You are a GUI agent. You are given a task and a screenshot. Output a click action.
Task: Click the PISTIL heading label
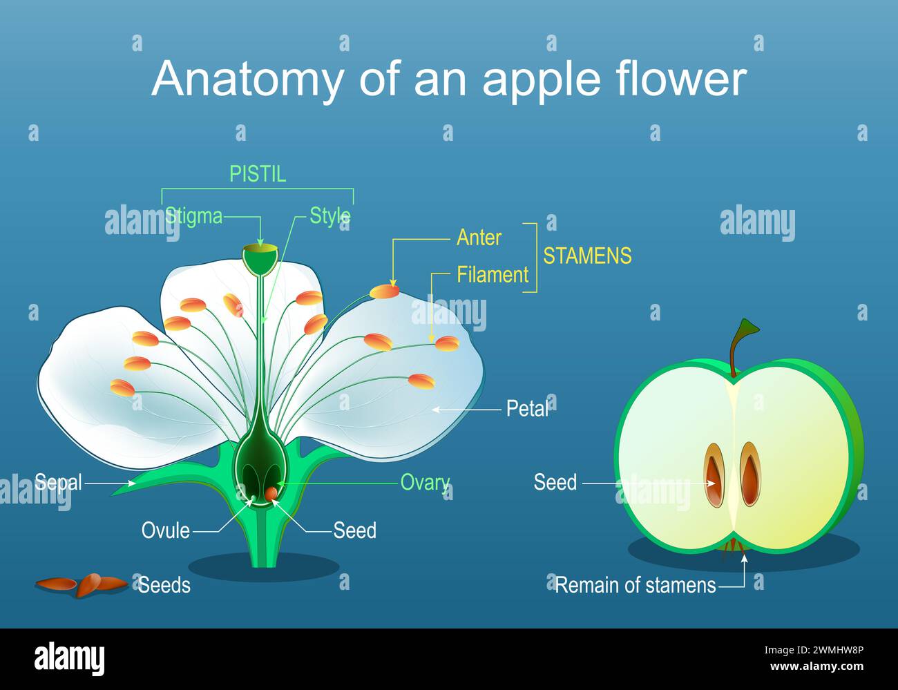point(258,174)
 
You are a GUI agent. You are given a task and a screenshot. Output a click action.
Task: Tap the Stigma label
point(193,216)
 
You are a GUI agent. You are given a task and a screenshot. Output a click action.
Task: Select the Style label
point(330,215)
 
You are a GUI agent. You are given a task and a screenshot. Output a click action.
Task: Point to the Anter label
point(479,238)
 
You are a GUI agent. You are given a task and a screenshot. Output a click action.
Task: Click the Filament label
point(493,274)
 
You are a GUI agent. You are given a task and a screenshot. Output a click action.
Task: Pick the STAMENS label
point(587,256)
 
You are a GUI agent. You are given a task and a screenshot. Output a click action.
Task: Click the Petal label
point(527,409)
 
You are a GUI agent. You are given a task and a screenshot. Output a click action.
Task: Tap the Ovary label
point(425,483)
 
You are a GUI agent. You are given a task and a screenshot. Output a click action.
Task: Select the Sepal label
point(58,482)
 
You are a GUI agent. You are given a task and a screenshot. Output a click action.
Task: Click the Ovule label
point(166,530)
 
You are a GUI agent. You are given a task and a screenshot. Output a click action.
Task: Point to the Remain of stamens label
point(636,586)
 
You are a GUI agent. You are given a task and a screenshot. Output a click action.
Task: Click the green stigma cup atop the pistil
point(260,259)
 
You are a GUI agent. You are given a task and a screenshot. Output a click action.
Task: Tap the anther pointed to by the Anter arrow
point(384,291)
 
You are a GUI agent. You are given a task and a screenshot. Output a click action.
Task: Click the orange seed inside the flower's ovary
point(271,494)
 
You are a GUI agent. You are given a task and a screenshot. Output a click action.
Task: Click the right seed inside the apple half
point(750,475)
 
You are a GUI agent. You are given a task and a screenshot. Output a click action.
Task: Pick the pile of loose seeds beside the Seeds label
point(82,584)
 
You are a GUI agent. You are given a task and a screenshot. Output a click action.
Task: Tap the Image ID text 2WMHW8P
point(838,650)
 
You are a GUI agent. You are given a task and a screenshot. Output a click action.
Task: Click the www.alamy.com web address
point(816,667)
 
